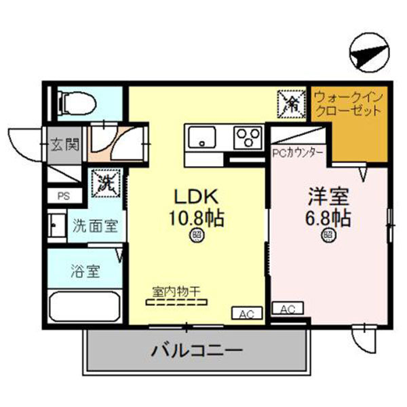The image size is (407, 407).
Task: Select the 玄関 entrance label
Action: point(65,144)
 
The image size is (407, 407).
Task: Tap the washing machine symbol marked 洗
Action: point(106,182)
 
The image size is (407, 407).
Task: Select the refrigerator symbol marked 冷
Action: point(292,103)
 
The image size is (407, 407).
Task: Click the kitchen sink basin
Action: point(201,138)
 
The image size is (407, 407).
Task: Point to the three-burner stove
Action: point(247,138)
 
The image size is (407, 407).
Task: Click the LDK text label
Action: point(196,197)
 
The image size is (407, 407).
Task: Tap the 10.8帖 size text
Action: point(197,218)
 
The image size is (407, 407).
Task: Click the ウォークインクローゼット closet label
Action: point(348,106)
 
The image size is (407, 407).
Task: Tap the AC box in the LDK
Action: point(246,313)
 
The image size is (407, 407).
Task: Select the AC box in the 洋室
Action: point(288,309)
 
